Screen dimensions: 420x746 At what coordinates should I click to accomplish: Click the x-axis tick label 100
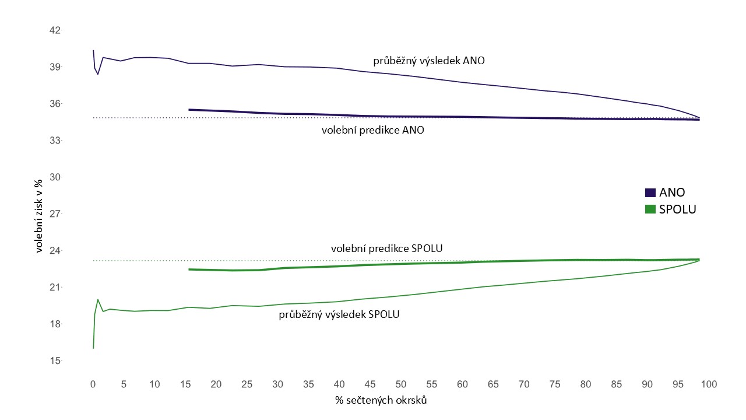[x=708, y=384]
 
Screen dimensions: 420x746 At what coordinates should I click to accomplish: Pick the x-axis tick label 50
[x=401, y=384]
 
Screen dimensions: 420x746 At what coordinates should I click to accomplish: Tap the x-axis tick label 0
[x=93, y=384]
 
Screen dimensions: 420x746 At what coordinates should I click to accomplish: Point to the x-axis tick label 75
[x=554, y=384]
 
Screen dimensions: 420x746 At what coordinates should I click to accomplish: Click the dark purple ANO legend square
[x=650, y=193]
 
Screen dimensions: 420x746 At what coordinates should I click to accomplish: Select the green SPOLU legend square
[x=650, y=209]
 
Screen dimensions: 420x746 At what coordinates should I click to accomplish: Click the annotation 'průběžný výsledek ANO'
[x=429, y=61]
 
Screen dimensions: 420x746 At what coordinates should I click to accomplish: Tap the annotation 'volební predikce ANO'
[x=372, y=131]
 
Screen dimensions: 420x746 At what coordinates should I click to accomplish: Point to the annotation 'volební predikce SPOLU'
[x=387, y=249]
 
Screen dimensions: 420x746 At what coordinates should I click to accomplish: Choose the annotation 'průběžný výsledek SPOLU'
[x=339, y=314]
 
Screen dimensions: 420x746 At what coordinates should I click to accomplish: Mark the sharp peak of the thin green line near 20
[x=98, y=300]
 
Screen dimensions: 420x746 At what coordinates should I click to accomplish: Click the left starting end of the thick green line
[x=189, y=269]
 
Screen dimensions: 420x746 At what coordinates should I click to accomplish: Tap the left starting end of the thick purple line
[x=189, y=110]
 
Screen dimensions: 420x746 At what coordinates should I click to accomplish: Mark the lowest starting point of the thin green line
[x=93, y=348]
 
